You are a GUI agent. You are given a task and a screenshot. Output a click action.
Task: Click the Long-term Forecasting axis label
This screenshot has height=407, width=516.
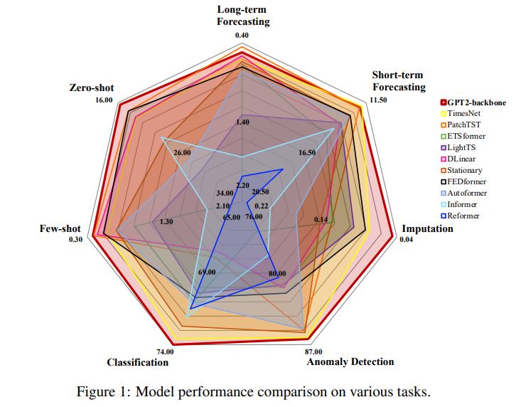[x=243, y=16]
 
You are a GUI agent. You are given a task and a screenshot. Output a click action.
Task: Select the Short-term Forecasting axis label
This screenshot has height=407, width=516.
[x=399, y=81]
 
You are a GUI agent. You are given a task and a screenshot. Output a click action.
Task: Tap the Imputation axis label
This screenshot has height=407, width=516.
[x=427, y=228]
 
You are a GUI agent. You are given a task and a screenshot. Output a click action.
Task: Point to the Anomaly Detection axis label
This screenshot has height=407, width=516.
[x=350, y=361]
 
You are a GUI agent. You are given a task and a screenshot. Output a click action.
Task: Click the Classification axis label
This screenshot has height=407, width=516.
[x=138, y=362]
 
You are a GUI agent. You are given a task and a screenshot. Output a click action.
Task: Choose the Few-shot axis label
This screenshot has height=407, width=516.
[x=61, y=229]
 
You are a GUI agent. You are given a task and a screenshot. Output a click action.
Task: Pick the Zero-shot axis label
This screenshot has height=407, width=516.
[x=91, y=88]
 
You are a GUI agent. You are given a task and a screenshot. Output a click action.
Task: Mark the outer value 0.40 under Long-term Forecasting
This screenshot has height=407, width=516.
[x=242, y=35]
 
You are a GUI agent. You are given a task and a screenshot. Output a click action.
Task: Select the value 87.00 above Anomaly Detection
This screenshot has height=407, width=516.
[x=313, y=351]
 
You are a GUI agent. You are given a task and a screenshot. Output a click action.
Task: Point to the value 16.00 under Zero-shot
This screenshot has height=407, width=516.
[x=104, y=100]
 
